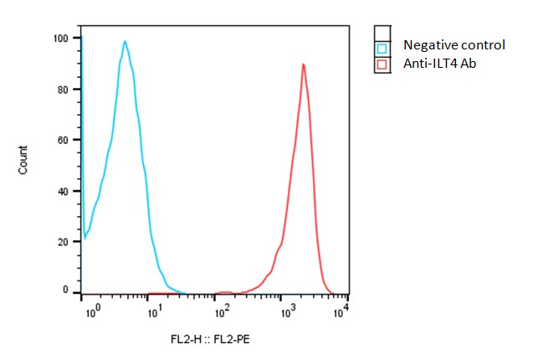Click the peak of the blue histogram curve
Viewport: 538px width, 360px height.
[x=125, y=41]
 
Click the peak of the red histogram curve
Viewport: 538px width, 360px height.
[x=304, y=64]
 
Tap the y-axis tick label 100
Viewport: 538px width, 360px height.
[x=60, y=39]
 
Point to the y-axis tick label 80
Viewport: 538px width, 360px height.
[x=63, y=89]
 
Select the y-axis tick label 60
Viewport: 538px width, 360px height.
[x=63, y=140]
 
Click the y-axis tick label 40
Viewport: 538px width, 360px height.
[x=63, y=190]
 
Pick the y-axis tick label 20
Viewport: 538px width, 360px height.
[x=63, y=241]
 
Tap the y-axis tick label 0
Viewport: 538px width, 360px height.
[x=65, y=290]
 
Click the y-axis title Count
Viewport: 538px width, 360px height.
[x=23, y=160]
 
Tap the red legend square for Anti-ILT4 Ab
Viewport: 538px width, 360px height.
[x=382, y=64]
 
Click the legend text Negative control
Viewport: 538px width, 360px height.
[x=454, y=45]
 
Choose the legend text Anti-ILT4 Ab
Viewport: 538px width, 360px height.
[x=439, y=63]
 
